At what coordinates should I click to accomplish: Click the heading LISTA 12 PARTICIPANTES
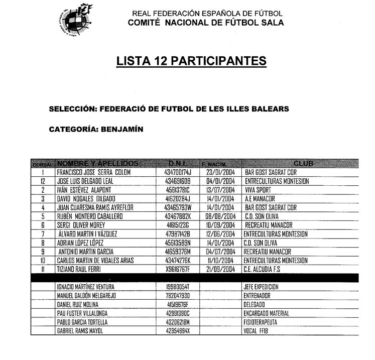(x=191, y=61)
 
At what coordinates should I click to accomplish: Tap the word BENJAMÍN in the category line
(x=122, y=129)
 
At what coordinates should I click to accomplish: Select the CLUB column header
(x=303, y=164)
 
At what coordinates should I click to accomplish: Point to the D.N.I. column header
(x=178, y=164)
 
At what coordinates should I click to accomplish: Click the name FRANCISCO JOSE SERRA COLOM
(x=94, y=172)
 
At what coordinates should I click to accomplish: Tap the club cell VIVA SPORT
(x=258, y=190)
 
